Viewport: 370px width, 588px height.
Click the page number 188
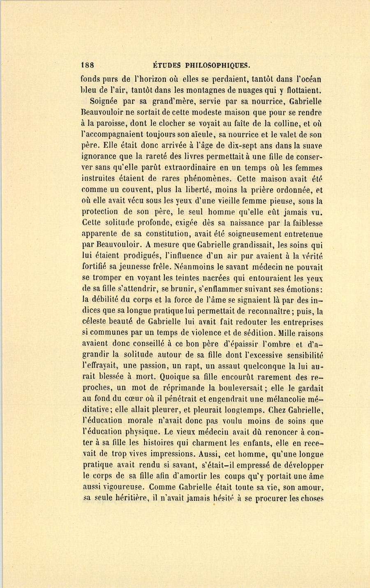[88, 65]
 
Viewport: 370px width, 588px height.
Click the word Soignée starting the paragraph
[103, 101]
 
